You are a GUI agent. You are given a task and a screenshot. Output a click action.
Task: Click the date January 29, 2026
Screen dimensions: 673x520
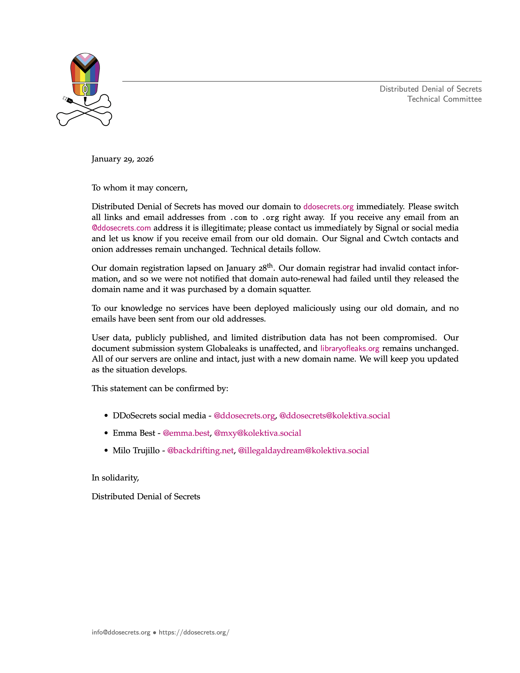click(122, 159)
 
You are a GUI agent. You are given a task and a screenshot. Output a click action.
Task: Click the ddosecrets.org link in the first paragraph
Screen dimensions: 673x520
click(328, 206)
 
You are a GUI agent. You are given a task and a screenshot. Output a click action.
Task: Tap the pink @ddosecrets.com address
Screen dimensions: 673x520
click(121, 228)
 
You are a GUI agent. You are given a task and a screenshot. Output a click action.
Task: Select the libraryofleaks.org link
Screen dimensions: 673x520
click(349, 348)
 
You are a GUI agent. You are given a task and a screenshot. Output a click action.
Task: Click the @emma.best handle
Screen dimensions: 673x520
click(186, 433)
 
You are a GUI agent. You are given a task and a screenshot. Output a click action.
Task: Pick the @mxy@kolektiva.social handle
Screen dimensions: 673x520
click(257, 433)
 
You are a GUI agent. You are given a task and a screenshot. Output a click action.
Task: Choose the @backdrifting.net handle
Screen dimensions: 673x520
click(200, 451)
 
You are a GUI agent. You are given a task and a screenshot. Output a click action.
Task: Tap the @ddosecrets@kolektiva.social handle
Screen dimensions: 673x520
click(334, 416)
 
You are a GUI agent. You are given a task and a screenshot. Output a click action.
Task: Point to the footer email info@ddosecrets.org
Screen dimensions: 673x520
click(121, 633)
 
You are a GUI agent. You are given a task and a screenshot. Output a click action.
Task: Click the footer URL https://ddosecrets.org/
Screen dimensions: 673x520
click(194, 633)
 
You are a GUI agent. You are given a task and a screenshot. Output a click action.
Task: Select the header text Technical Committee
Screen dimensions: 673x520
click(444, 99)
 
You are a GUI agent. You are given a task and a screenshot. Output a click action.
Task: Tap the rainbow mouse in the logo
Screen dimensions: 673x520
click(85, 74)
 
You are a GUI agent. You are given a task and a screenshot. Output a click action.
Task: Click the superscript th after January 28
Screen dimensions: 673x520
click(270, 265)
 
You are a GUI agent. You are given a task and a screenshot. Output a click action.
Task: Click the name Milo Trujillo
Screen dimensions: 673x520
click(136, 451)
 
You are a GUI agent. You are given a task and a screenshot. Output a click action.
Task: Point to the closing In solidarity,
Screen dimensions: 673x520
click(115, 478)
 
